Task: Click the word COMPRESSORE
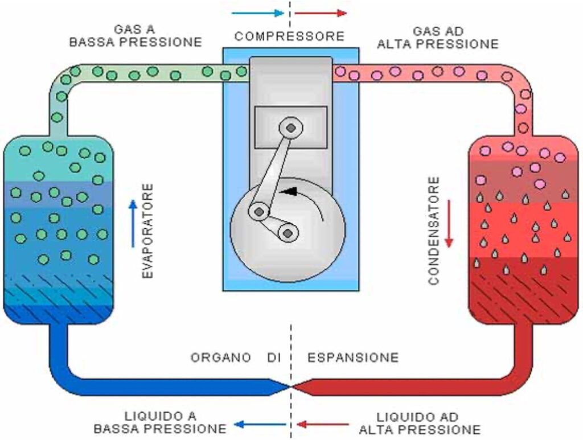pos(289,36)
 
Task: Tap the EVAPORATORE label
pos(147,231)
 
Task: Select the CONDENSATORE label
pos(434,231)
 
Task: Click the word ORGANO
pos(221,357)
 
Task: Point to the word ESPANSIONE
pos(353,357)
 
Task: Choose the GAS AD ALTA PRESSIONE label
pos(438,36)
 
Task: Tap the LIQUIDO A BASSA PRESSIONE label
pos(159,422)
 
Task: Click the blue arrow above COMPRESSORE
pos(257,13)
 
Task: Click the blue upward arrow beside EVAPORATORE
pos(133,223)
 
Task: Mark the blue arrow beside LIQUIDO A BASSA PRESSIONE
pos(260,423)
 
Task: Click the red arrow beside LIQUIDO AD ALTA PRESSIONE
pos(323,423)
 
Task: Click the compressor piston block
pos(290,128)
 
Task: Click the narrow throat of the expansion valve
pos(291,386)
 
